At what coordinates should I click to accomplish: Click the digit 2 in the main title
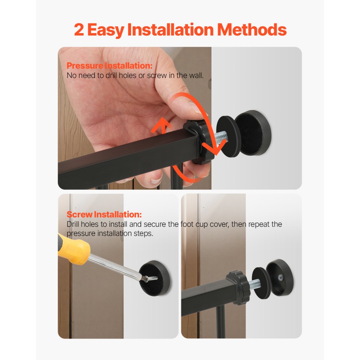pos(79,30)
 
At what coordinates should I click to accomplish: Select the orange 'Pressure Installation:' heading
pos(109,66)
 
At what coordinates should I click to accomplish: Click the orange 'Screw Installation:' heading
pos(104,215)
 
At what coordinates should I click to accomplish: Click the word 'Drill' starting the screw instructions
pos(73,224)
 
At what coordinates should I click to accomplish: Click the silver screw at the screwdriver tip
pos(150,279)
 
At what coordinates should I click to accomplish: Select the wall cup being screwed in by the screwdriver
pos(154,278)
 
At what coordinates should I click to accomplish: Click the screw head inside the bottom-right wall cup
pos(280,278)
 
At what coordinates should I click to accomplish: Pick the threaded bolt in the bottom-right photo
pos(255,284)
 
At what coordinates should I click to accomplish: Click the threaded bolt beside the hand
pos(221,138)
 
